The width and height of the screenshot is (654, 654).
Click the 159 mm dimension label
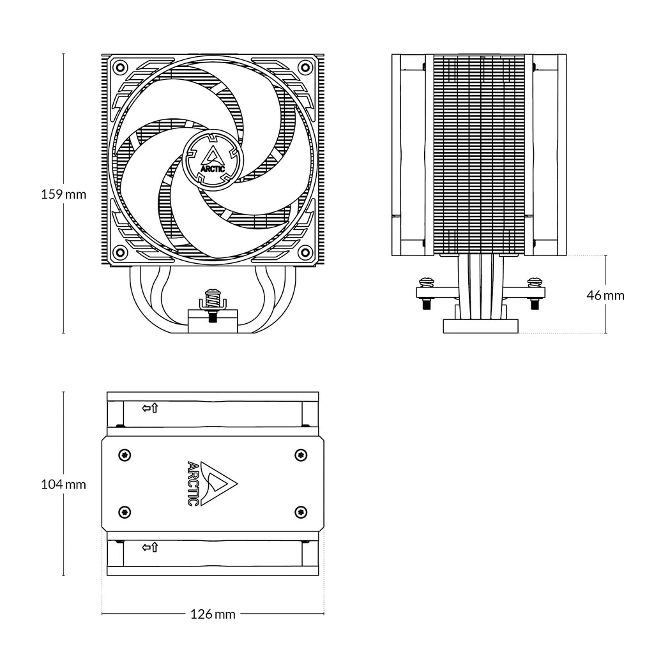(63, 194)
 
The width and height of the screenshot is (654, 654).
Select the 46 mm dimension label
(605, 295)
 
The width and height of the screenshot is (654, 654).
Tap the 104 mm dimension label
(63, 484)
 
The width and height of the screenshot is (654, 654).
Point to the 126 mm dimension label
(213, 614)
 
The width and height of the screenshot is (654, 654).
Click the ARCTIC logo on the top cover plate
(210, 483)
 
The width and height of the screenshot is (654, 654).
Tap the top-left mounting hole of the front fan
(119, 66)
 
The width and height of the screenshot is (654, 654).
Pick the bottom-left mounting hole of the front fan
(119, 250)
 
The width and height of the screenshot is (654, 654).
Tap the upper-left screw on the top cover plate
(125, 454)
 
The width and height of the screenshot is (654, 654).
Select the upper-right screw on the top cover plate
(300, 454)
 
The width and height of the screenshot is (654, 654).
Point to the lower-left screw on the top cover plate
(125, 512)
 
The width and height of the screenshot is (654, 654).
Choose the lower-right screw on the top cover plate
(300, 512)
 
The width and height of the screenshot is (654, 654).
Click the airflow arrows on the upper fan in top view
(150, 407)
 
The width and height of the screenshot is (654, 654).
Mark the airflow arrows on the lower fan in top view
(150, 547)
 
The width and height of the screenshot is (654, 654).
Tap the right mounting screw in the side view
(535, 282)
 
